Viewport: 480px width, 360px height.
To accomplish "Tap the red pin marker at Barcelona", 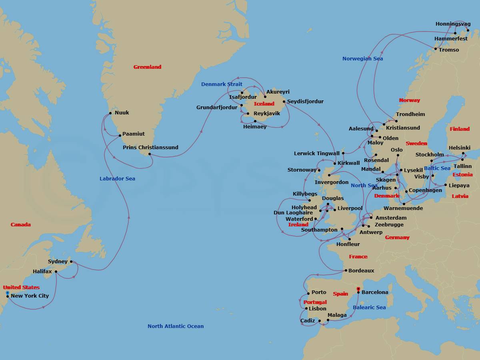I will coord(358,289).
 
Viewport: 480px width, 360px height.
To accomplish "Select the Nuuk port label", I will coord(122,113).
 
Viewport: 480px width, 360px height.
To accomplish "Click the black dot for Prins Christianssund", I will coord(149,154).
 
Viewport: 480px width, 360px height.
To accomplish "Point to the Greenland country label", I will coord(147,67).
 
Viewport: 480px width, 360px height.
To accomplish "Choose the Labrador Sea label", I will coord(117,179).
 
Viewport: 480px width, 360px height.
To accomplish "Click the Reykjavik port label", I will coord(266,114).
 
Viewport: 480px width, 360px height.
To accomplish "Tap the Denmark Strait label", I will coord(222,84).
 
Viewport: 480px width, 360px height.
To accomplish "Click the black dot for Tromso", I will coord(436,49).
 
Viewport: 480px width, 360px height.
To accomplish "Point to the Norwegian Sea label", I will coord(362,59).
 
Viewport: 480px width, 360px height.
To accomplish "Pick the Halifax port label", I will coord(42,272).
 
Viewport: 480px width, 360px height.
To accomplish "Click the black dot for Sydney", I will coord(71,262).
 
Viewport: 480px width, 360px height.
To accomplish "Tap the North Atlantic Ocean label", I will coord(175,326).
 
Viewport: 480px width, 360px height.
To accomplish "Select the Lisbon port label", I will coord(317,309).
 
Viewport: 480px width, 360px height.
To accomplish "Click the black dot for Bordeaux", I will coord(346,271).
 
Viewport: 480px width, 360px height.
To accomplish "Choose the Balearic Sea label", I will coord(369,308).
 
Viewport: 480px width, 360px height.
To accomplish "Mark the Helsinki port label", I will coord(459,148).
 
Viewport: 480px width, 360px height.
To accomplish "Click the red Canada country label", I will coord(20,225).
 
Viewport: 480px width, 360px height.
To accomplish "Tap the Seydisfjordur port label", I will coord(305,102).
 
